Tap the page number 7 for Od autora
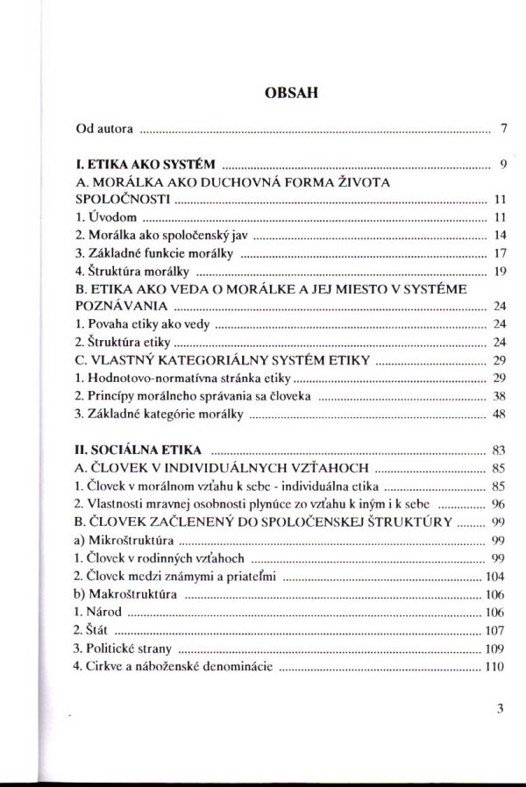tap(504, 129)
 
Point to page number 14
tap(501, 235)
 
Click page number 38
tap(501, 396)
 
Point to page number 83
tap(501, 450)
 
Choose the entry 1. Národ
tap(97, 612)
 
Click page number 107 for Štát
tap(497, 630)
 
